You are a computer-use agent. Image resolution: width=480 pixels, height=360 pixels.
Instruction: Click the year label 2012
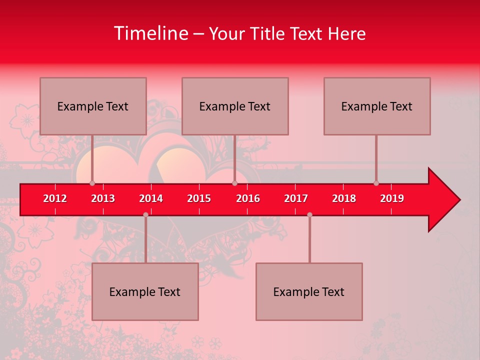55,198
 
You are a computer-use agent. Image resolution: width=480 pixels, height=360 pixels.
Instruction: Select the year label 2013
103,198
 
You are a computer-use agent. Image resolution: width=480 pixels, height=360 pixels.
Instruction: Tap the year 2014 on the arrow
151,198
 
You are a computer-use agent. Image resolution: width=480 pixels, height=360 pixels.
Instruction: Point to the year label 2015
199,198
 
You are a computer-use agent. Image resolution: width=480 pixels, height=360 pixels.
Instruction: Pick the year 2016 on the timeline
248,198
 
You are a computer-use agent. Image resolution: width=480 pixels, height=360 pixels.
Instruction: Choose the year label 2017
296,198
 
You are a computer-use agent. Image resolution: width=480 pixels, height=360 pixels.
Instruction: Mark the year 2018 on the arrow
344,198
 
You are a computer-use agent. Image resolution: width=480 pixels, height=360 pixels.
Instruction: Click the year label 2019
392,198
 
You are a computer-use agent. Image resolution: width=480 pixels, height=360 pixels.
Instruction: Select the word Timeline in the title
151,33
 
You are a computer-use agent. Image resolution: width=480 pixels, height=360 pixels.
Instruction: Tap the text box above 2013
93,106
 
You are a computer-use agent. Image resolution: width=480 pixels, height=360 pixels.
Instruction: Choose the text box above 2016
235,106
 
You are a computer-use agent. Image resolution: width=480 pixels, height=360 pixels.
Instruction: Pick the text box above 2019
377,106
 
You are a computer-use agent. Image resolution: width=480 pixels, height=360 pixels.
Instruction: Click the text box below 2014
145,291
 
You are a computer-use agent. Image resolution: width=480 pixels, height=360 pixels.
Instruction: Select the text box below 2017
309,291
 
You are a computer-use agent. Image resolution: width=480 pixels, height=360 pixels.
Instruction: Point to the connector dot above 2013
92,183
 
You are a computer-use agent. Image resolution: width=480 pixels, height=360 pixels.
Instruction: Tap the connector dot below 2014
145,214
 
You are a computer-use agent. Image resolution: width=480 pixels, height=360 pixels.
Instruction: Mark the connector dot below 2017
309,214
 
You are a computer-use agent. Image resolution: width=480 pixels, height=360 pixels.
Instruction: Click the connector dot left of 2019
376,183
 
